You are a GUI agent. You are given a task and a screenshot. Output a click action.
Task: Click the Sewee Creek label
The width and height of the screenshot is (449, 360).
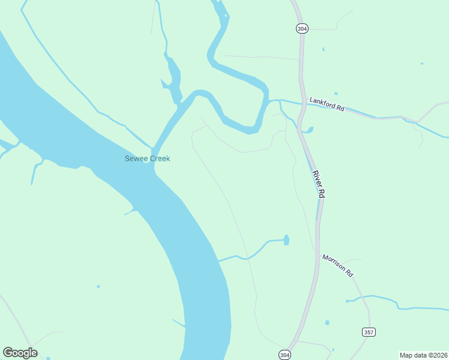(147, 158)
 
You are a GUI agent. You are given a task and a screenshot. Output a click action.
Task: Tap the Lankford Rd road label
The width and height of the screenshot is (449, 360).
(327, 104)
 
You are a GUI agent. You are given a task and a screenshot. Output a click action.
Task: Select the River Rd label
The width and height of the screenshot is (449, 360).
(318, 184)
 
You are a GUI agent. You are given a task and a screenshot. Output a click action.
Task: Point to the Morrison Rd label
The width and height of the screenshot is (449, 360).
(337, 265)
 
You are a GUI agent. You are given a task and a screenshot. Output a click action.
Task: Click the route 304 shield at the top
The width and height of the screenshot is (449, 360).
(301, 28)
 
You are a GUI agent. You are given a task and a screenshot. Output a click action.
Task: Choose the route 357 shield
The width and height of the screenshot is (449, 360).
(369, 332)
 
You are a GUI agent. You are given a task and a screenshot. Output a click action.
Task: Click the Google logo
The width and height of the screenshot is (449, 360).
(20, 353)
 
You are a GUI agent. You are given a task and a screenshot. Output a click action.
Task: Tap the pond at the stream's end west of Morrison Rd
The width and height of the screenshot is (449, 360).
(286, 240)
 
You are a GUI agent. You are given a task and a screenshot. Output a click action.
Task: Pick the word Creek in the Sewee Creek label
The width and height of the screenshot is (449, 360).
(159, 158)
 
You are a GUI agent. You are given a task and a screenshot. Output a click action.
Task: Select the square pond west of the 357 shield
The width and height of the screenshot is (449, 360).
(327, 323)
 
